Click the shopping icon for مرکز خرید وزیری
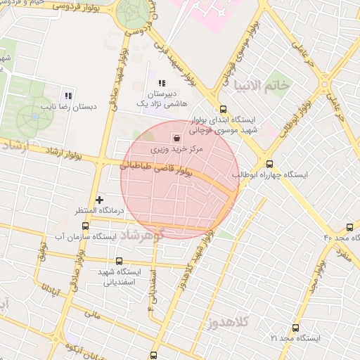tap(175, 138)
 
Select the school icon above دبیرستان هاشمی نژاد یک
tap(162, 83)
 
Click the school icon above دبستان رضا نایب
tap(68, 96)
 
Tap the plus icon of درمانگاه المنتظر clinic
tap(99, 200)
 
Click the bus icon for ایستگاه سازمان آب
tap(86, 226)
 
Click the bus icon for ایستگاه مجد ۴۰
tap(349, 227)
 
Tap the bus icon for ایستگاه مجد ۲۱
tap(295, 328)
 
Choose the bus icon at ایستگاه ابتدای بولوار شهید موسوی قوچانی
tap(223, 109)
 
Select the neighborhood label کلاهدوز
tap(235, 323)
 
